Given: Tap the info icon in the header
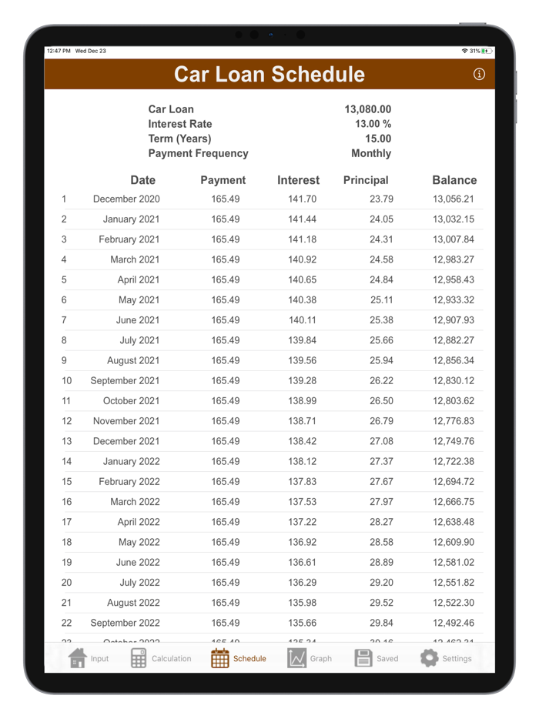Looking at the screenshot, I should click(x=480, y=75).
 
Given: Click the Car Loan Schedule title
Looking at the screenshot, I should click(x=269, y=75).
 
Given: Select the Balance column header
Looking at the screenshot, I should click(x=454, y=180).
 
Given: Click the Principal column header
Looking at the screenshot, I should click(x=365, y=180).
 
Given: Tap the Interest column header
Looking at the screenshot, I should click(x=298, y=180).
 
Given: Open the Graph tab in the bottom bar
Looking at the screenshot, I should click(x=309, y=658).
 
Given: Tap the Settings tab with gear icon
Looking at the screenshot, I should click(x=446, y=658).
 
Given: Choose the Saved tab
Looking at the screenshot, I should click(x=377, y=658).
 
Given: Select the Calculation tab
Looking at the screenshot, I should click(x=161, y=658).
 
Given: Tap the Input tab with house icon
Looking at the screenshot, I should click(x=89, y=658).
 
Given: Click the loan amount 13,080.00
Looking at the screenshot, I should click(x=368, y=109).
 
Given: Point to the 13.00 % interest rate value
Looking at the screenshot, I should click(x=373, y=124).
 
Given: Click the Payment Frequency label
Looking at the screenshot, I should click(x=198, y=153).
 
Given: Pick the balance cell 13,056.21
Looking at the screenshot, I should click(x=454, y=199).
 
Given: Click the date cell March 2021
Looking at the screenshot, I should click(x=135, y=259).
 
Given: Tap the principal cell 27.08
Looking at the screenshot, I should click(x=380, y=441).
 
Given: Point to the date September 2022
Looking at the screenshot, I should click(x=125, y=623).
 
